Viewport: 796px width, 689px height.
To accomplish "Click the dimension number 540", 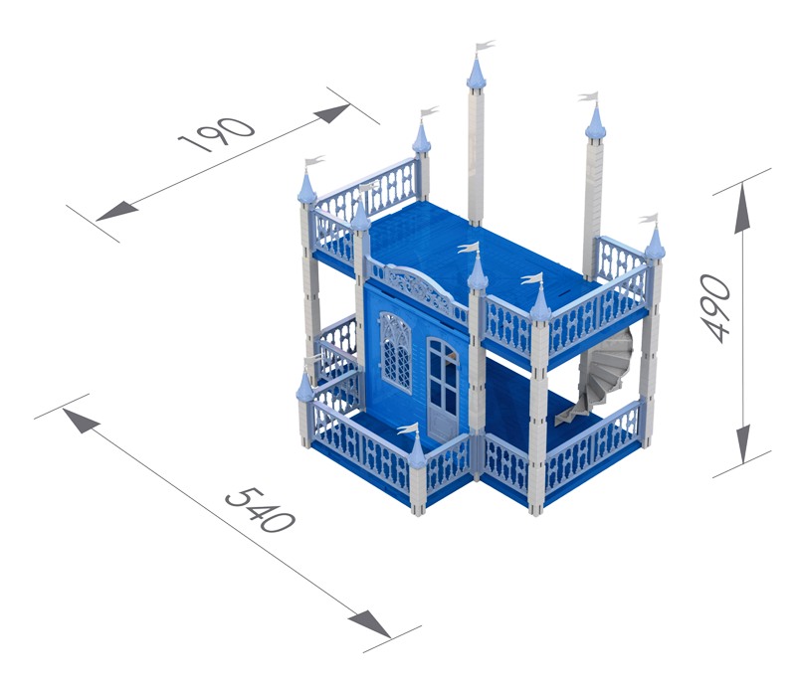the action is click(261, 510).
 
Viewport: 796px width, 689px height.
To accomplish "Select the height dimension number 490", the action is click(714, 307).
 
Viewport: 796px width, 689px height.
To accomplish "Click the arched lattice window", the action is click(395, 352).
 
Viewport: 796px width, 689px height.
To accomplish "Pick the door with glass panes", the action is click(443, 389).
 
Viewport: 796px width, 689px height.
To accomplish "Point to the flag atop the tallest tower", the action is click(485, 46).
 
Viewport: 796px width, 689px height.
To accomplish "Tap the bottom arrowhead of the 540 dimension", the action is click(369, 624).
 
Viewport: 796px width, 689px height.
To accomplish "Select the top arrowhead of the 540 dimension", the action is click(82, 421).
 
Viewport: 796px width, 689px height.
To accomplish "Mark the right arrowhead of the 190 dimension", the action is click(331, 113).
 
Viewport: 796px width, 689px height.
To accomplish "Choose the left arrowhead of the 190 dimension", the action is click(116, 211).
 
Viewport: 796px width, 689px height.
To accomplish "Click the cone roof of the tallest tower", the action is click(477, 72).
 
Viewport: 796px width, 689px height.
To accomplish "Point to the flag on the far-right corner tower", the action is click(649, 219).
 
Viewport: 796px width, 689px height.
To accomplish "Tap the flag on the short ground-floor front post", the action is click(407, 430).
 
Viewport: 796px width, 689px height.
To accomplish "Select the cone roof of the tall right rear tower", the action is click(595, 121).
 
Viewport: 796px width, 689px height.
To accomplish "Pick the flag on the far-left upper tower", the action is click(314, 161).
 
